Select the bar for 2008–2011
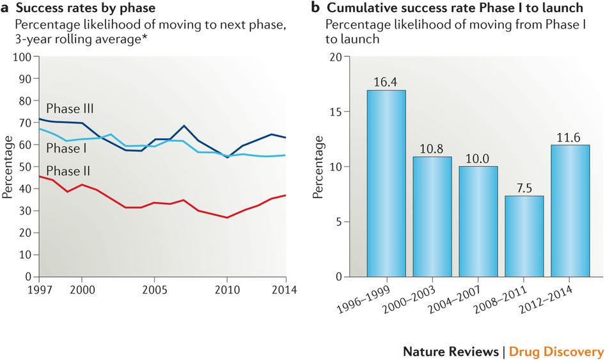[524, 236]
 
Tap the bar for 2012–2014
[570, 211]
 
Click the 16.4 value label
[386, 82]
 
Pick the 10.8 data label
[432, 149]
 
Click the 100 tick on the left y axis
[24, 57]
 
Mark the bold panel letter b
[315, 9]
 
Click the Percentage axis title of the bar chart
[318, 167]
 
